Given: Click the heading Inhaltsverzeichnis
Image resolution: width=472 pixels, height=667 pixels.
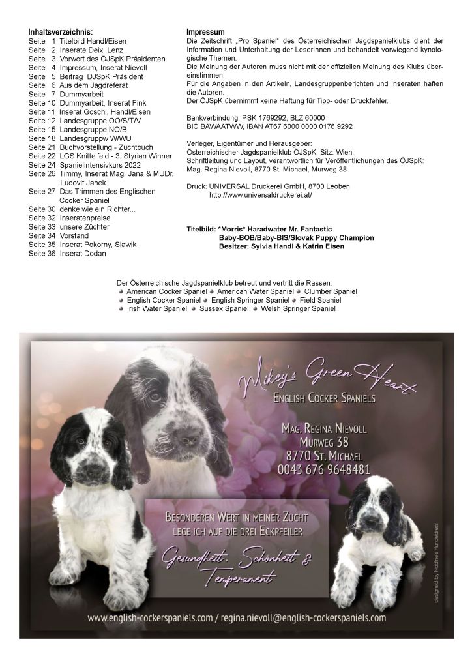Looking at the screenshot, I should pos(61,32).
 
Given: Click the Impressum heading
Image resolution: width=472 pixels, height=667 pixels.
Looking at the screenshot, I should pos(205,32).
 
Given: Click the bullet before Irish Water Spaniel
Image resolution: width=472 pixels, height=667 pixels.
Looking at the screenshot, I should pos(121,308).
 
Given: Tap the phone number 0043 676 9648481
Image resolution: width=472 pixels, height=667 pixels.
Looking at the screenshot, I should pos(324,469).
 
